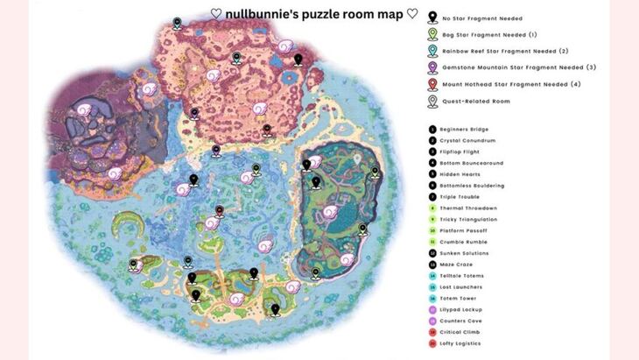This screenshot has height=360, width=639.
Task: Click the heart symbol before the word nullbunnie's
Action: pos(216,14)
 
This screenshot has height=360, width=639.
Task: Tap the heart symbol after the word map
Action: pos(411,14)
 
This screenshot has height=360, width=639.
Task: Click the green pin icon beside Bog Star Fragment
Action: pos(432,34)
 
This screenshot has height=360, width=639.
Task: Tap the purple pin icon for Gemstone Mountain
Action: pos(432,67)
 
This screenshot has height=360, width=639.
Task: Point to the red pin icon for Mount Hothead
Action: pos(432,84)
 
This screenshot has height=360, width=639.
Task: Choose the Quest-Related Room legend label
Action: pos(476,101)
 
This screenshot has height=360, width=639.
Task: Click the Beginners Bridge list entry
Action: pos(466,130)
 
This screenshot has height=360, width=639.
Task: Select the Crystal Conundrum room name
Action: pos(469,140)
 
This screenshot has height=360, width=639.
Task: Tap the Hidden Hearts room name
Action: pos(462,174)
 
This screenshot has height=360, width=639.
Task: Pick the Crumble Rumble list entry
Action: pos(465,242)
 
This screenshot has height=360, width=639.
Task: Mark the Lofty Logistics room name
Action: pos(465,344)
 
